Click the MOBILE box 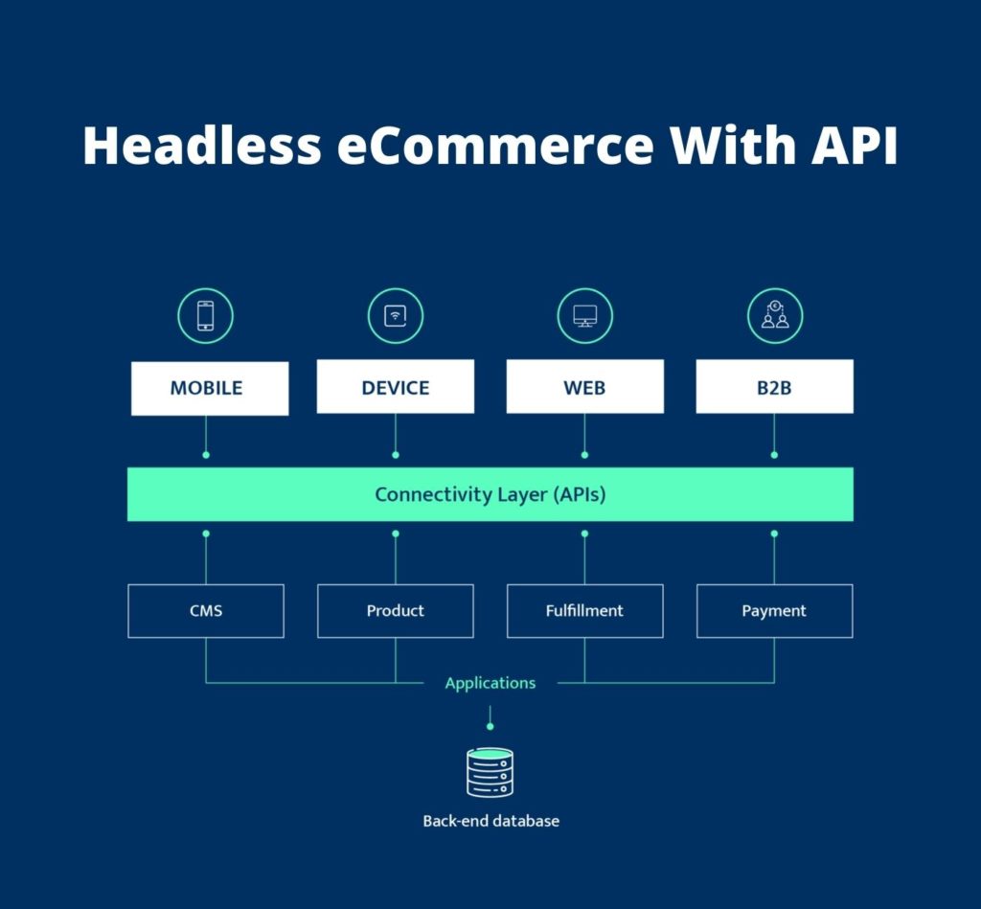coord(209,388)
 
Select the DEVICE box coord(395,388)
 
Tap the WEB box coord(584,388)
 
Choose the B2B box coord(774,388)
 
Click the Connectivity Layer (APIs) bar coord(490,494)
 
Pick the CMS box coord(206,610)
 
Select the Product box coord(395,610)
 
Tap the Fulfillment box coord(584,610)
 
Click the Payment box coord(774,610)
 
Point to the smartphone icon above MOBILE coord(206,315)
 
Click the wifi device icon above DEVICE coord(395,315)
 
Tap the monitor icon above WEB coord(584,315)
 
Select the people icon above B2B coord(774,315)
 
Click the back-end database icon coord(490,772)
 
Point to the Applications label coord(490,683)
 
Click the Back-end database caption coord(490,821)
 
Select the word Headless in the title coord(201,146)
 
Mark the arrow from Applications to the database coord(490,716)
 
